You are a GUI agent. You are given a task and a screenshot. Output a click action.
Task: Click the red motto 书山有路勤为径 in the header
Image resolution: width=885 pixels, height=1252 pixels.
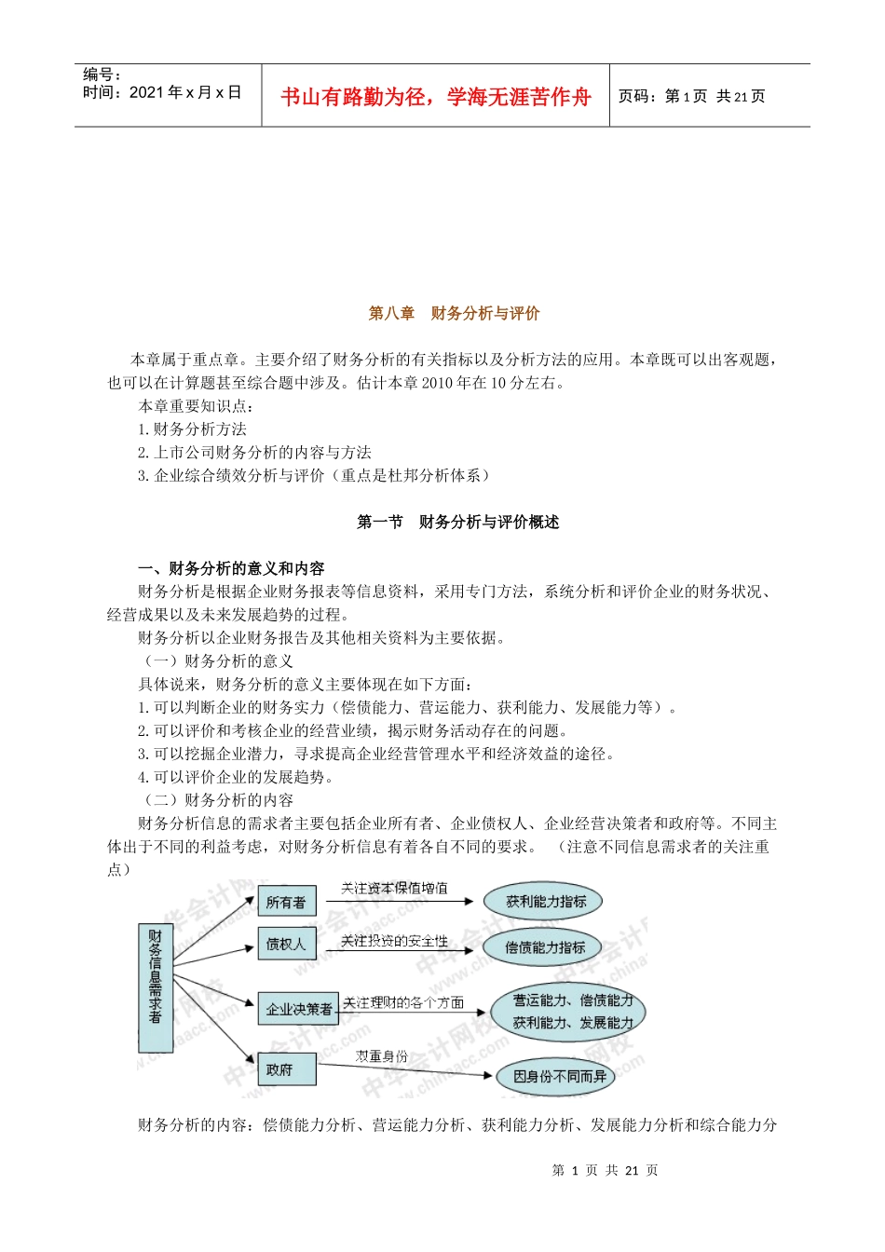435,97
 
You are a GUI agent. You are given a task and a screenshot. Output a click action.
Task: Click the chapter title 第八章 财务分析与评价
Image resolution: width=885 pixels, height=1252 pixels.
454,313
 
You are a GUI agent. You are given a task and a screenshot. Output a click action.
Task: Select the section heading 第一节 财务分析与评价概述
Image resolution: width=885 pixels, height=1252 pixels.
457,522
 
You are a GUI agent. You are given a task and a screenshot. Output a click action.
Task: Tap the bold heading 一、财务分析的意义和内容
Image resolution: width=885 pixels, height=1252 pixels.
231,568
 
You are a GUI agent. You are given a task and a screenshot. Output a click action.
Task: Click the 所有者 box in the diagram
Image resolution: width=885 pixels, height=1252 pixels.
286,902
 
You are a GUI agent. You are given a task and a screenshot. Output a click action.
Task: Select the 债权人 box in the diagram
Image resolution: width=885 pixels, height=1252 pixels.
285,945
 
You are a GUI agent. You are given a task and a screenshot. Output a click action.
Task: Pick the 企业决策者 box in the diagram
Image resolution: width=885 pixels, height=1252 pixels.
298,1009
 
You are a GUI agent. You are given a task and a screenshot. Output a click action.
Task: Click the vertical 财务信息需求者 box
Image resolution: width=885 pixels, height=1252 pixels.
155,975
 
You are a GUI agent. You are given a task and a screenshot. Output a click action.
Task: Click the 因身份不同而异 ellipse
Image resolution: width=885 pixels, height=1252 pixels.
560,1077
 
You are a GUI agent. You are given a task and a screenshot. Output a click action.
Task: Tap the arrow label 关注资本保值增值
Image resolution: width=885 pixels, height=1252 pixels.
394,888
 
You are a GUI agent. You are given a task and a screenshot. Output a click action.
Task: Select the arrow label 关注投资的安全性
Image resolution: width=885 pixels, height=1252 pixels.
394,941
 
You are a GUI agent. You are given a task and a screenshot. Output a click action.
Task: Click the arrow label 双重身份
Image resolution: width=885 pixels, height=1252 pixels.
381,1056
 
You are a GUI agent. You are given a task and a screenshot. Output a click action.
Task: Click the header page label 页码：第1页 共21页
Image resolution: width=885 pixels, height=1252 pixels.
691,96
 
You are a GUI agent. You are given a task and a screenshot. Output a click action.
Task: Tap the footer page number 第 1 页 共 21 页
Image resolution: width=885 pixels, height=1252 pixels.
605,1170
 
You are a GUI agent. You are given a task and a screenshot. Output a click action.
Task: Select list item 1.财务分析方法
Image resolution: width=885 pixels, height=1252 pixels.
192,429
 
